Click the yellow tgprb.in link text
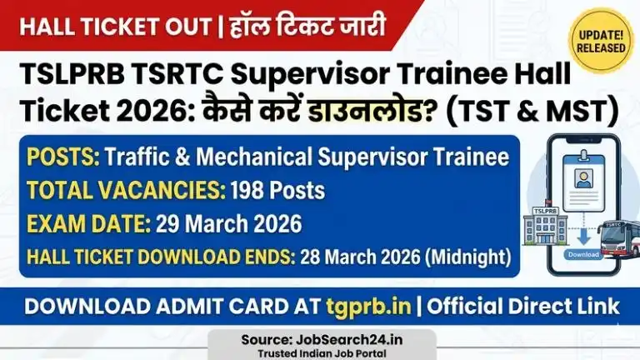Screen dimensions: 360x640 pos(367,306)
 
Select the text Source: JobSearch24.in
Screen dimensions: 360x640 pos(320,340)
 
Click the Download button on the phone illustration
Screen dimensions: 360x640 pos(583,253)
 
